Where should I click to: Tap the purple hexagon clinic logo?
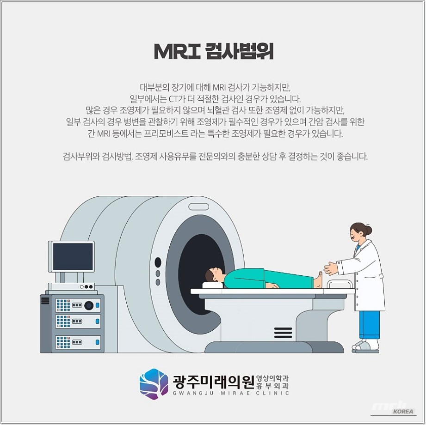pyautogui.click(x=154, y=384)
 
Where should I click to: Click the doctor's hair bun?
pyautogui.click(x=368, y=230)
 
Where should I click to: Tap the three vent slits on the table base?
pyautogui.click(x=283, y=332)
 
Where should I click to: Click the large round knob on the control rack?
pyautogui.click(x=89, y=305)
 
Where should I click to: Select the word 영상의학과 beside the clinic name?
pyautogui.click(x=272, y=377)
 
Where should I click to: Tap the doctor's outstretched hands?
pyautogui.click(x=330, y=268)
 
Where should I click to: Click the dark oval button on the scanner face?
pyautogui.click(x=158, y=262)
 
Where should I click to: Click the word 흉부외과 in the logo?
pyautogui.click(x=272, y=385)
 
